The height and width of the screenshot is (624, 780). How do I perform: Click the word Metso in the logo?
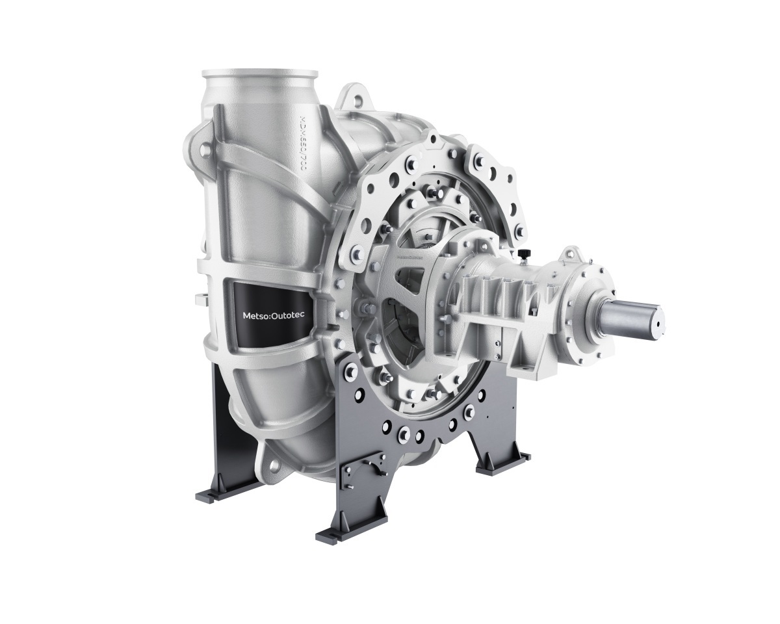(250, 317)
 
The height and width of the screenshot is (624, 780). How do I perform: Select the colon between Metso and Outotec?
(267, 317)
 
